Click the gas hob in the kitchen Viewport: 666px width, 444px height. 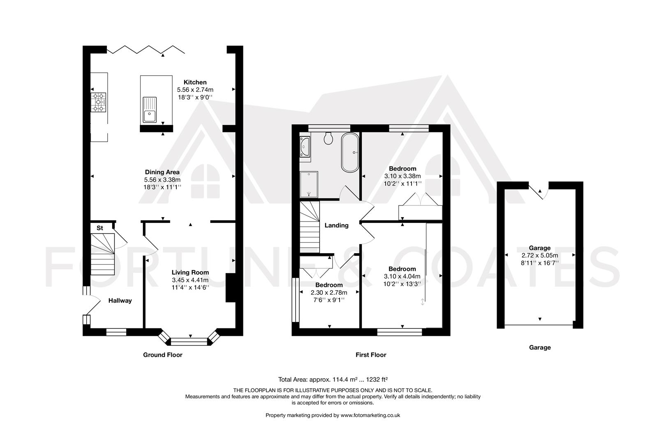point(99,102)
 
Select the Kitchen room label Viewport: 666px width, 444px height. point(195,82)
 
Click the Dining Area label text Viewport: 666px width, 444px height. point(162,172)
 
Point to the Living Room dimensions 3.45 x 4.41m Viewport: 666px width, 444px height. point(190,280)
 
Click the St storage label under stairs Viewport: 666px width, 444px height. point(99,228)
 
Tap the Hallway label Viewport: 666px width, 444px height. point(120,301)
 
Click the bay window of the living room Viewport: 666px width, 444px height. point(190,340)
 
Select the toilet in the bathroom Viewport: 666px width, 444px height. point(328,139)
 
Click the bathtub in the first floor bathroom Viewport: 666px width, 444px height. point(350,152)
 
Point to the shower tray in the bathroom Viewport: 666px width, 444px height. point(309,184)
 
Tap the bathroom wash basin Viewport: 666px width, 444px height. point(305,146)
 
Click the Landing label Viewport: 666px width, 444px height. point(336,225)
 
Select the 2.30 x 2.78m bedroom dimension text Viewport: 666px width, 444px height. point(329,293)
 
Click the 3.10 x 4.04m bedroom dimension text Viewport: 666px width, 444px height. point(402,277)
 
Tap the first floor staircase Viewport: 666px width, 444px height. point(310,227)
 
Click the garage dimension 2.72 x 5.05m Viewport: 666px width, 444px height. point(539,255)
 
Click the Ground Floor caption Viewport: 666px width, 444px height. point(162,355)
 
